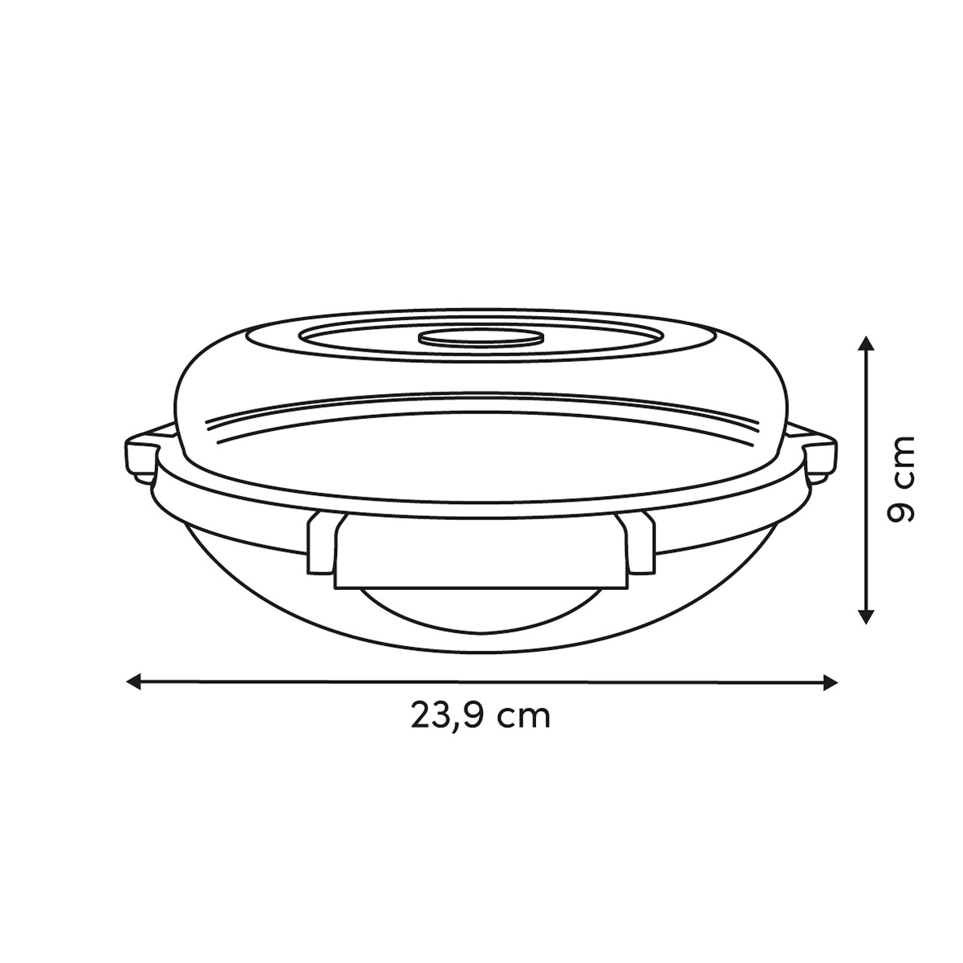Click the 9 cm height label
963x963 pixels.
(x=900, y=480)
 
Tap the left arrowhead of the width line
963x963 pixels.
(x=134, y=681)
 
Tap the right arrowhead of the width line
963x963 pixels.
(x=831, y=681)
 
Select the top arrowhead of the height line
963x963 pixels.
(x=866, y=344)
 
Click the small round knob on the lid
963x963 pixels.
(x=481, y=338)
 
